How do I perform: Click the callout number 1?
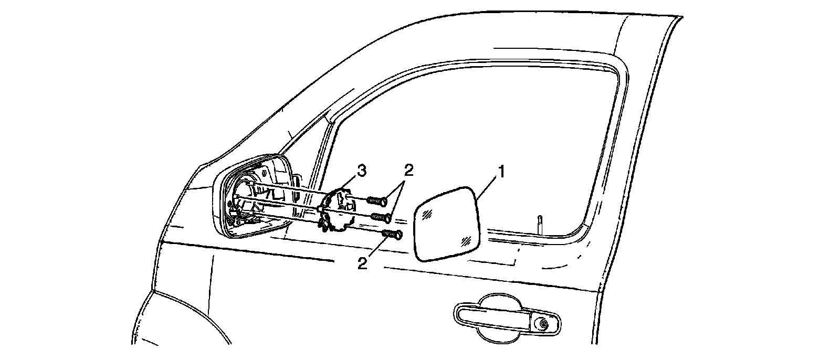[x=501, y=172]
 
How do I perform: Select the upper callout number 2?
[x=408, y=170]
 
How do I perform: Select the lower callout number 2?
[x=362, y=262]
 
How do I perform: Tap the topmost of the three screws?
[x=377, y=200]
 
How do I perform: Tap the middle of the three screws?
[x=381, y=217]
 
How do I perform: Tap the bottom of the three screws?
[x=393, y=234]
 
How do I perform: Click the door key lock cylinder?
[x=544, y=325]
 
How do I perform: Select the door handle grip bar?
[x=493, y=316]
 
